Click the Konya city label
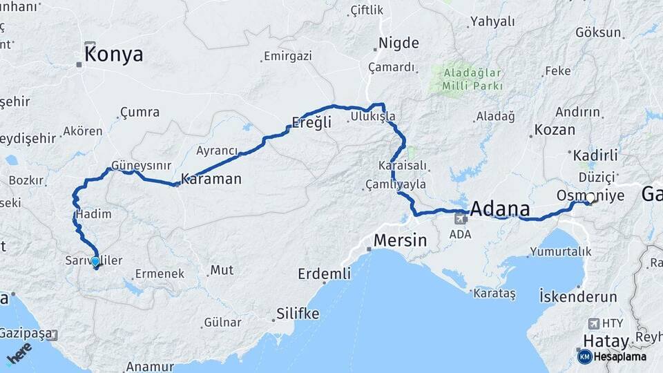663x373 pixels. coord(114,55)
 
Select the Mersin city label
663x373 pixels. coord(400,241)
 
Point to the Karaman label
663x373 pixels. coord(211,180)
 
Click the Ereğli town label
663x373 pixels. coord(311,122)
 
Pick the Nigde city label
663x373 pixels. coord(398,43)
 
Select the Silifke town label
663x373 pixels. coord(298,314)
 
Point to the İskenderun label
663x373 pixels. coord(577,297)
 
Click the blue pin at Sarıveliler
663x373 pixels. coord(95,262)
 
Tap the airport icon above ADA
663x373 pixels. coord(460,219)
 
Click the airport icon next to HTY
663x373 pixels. coord(593,323)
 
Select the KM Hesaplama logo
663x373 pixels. coord(612,356)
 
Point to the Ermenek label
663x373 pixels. coord(160,274)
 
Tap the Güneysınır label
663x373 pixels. coord(142,166)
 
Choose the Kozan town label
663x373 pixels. coord(555,130)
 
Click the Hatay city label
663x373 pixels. coord(606,341)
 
